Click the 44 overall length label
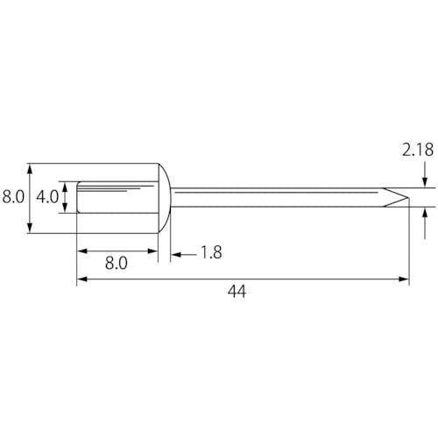(237, 292)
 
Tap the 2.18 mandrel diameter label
(418, 150)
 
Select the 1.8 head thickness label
(212, 252)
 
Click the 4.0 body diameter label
(47, 197)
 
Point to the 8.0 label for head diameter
(13, 197)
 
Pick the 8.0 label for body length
(117, 264)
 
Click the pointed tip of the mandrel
(408, 197)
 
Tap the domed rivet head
(165, 198)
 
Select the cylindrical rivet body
(117, 197)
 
